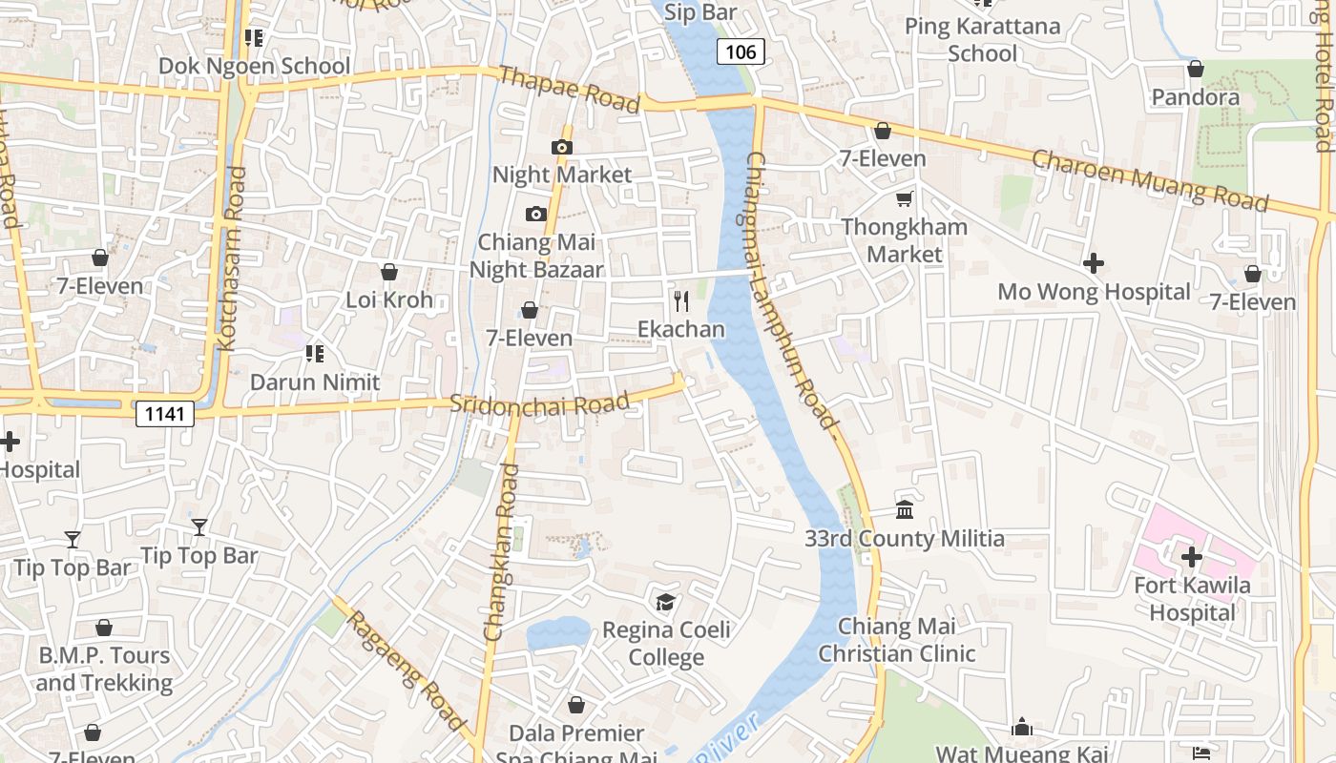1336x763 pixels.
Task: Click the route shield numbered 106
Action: [741, 52]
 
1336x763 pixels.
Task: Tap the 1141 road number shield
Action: [165, 413]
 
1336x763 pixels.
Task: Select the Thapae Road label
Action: [568, 89]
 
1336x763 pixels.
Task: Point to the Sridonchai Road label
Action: [540, 403]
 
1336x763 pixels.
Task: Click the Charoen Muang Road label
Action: [1151, 179]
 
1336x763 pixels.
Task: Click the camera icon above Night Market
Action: [562, 147]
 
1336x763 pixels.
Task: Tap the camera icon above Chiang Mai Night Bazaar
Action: [536, 214]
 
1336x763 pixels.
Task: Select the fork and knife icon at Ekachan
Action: [681, 301]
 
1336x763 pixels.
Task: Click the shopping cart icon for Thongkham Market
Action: [904, 198]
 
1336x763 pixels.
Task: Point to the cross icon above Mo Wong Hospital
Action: [1094, 262]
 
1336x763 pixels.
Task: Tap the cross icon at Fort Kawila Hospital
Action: [1191, 556]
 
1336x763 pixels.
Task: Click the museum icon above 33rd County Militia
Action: [905, 509]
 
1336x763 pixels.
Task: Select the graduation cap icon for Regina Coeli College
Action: [665, 602]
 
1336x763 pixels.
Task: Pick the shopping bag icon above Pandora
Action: [1195, 69]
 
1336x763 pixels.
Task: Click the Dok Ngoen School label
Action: [255, 66]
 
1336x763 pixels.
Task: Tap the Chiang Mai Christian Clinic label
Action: [897, 640]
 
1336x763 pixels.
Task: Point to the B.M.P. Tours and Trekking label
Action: [104, 669]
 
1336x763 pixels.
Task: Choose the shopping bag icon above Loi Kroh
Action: [388, 272]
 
